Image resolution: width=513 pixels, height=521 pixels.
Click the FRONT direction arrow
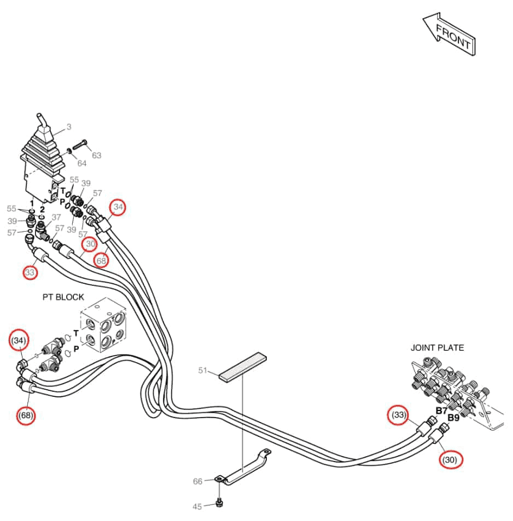(x=449, y=34)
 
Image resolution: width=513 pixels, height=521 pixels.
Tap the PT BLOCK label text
(x=63, y=297)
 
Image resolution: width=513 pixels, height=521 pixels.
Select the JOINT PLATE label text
(x=437, y=348)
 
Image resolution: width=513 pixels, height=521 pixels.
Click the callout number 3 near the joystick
(x=69, y=127)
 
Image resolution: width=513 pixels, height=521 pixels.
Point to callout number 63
(x=96, y=155)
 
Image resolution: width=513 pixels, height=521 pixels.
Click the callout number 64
(x=82, y=163)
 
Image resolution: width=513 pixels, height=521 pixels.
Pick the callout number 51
(x=203, y=370)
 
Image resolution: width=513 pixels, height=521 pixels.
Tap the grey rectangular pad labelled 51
(x=243, y=367)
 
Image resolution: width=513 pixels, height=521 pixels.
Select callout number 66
(x=197, y=481)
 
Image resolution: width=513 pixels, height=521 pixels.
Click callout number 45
(x=197, y=506)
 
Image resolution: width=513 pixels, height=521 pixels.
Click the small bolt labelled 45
(x=219, y=503)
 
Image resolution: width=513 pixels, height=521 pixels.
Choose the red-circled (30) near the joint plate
(x=450, y=460)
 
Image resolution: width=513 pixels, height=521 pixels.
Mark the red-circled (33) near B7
(x=399, y=415)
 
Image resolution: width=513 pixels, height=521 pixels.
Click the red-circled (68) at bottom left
(x=26, y=415)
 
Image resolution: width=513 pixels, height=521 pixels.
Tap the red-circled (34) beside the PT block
(x=19, y=340)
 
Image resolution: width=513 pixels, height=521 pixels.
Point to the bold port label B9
(x=453, y=418)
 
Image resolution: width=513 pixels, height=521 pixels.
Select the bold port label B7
(x=441, y=411)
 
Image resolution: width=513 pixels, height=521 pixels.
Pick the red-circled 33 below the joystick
(x=30, y=272)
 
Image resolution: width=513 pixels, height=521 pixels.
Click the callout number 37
(x=56, y=217)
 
